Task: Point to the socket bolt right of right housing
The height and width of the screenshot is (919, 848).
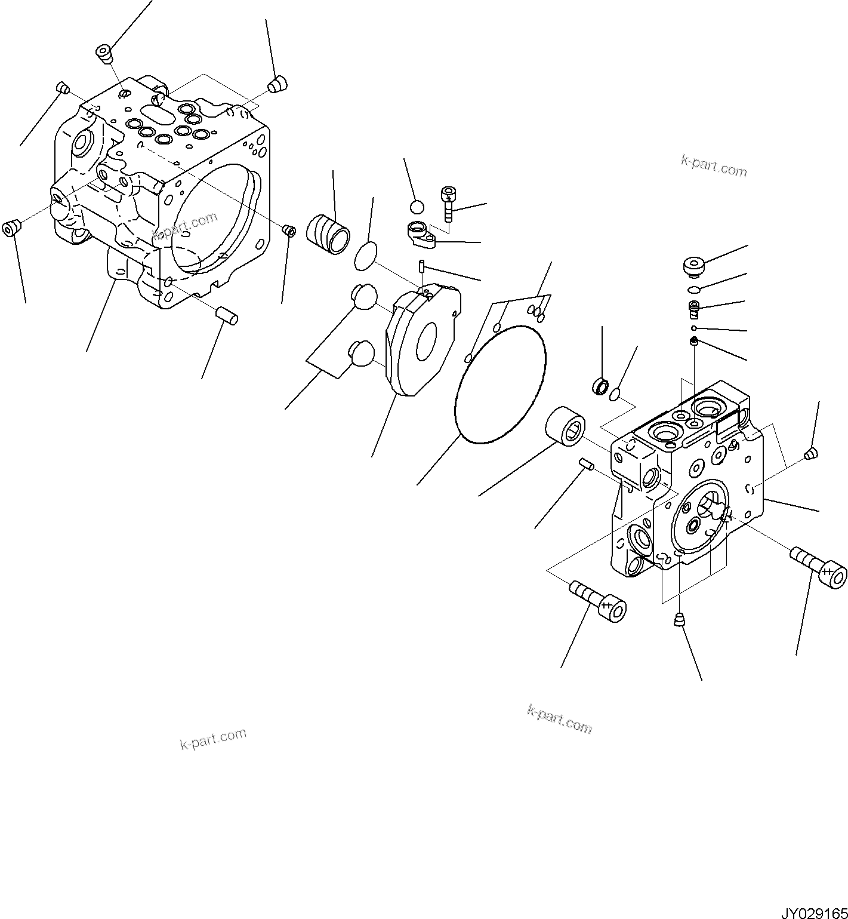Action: (818, 565)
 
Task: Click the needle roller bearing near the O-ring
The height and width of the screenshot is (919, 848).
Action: (564, 425)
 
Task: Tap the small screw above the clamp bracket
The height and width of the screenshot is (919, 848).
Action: (448, 202)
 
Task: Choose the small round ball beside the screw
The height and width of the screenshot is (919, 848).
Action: (417, 207)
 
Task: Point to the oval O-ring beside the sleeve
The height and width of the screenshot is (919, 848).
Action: (366, 256)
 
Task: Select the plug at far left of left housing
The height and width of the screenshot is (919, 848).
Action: (11, 228)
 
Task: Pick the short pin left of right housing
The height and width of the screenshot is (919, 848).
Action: (586, 463)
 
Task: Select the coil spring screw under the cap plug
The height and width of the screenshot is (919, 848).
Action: (693, 309)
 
